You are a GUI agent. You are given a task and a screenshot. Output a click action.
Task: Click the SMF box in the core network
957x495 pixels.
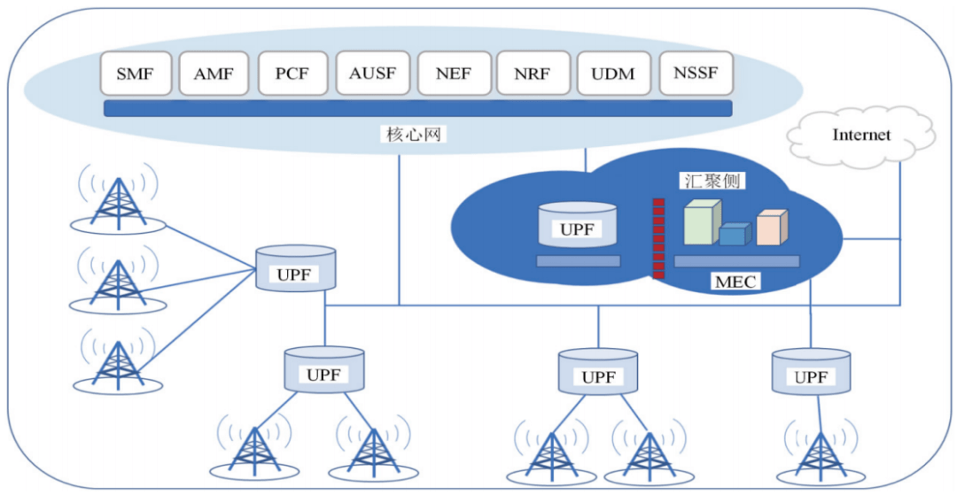click(x=135, y=73)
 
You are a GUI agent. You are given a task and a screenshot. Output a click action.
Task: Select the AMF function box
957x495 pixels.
click(x=214, y=73)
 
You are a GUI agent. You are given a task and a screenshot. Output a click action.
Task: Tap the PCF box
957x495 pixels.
click(x=292, y=73)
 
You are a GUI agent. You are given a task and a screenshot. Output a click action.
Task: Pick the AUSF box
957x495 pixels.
click(x=372, y=73)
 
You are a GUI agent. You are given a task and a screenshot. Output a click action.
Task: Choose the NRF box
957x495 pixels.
click(x=532, y=73)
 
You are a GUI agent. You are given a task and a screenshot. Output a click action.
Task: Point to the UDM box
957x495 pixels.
click(x=613, y=73)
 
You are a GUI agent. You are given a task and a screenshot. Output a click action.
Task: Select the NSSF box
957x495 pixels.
click(x=696, y=73)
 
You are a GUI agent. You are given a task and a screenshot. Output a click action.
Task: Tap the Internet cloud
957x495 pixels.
click(x=860, y=135)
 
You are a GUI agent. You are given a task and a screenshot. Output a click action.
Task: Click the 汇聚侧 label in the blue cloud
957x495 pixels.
click(x=712, y=181)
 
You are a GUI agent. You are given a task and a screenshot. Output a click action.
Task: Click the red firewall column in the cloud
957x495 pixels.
click(x=658, y=238)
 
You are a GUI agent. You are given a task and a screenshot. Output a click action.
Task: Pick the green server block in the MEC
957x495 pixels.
click(x=702, y=222)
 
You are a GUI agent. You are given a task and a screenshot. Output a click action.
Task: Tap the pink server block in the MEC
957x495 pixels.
click(x=771, y=228)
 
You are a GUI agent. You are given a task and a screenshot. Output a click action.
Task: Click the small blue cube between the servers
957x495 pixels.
click(x=734, y=234)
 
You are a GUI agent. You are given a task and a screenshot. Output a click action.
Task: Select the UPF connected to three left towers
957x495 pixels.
click(x=295, y=268)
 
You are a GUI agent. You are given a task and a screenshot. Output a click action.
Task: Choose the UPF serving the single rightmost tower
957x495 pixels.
click(x=810, y=371)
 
